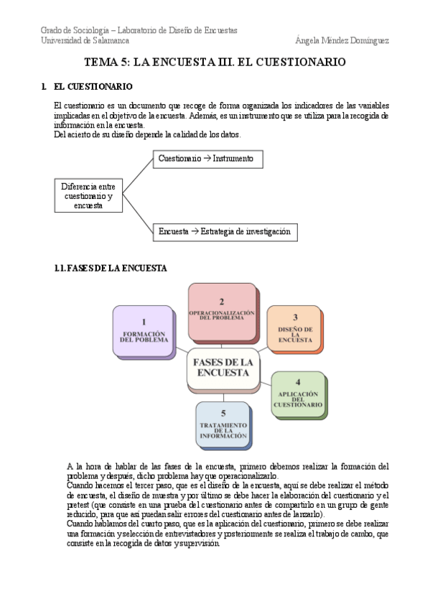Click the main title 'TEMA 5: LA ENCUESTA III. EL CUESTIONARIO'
(215, 62)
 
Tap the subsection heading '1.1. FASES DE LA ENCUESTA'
(111, 269)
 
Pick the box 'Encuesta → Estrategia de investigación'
(225, 231)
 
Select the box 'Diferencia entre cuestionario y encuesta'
(88, 195)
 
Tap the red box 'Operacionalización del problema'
(222, 311)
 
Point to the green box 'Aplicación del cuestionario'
(297, 394)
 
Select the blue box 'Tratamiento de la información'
(223, 425)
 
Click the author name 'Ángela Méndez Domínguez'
(342, 41)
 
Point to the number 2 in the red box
(222, 302)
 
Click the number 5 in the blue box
(223, 413)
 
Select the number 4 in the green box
(297, 382)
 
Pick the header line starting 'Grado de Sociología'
(139, 30)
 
